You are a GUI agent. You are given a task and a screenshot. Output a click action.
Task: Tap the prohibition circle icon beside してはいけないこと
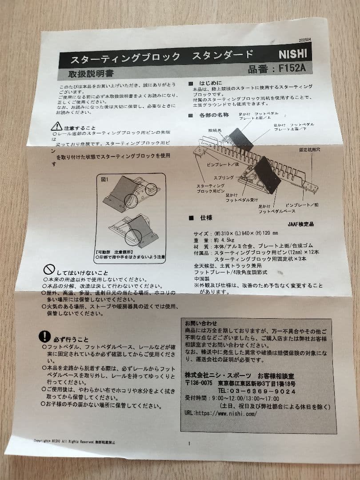tap(48, 269)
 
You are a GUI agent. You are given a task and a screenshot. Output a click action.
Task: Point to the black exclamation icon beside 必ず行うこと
tap(45, 336)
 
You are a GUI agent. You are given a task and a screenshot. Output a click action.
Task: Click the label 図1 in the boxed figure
tap(105, 180)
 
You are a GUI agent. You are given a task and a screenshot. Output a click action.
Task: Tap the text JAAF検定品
tap(300, 224)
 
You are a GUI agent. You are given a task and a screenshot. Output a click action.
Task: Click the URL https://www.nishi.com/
tap(227, 413)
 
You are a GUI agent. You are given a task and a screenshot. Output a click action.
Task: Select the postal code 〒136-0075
tap(199, 384)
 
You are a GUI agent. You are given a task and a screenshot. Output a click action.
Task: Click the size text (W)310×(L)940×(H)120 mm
tap(248, 233)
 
